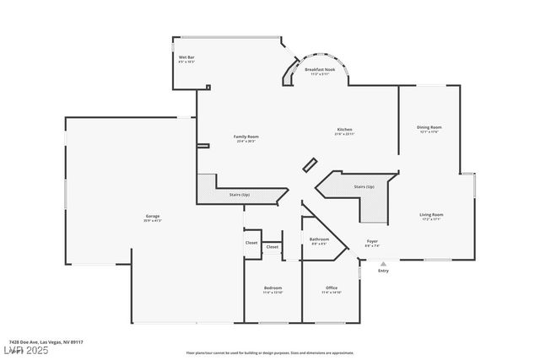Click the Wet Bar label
point(186,57)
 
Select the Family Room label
point(246,137)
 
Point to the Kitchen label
point(344,129)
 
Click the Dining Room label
point(430,127)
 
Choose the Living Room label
point(431,215)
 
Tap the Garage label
point(152,217)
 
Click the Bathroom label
point(319,239)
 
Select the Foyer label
point(371,241)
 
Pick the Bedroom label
point(273,288)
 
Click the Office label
point(331,288)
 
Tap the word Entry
point(383,271)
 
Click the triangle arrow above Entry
point(383,264)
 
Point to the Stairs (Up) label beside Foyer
point(364,186)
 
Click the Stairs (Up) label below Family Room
point(240,195)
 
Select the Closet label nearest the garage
point(251,243)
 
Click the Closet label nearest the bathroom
point(272,247)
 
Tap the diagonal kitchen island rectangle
point(310,164)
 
